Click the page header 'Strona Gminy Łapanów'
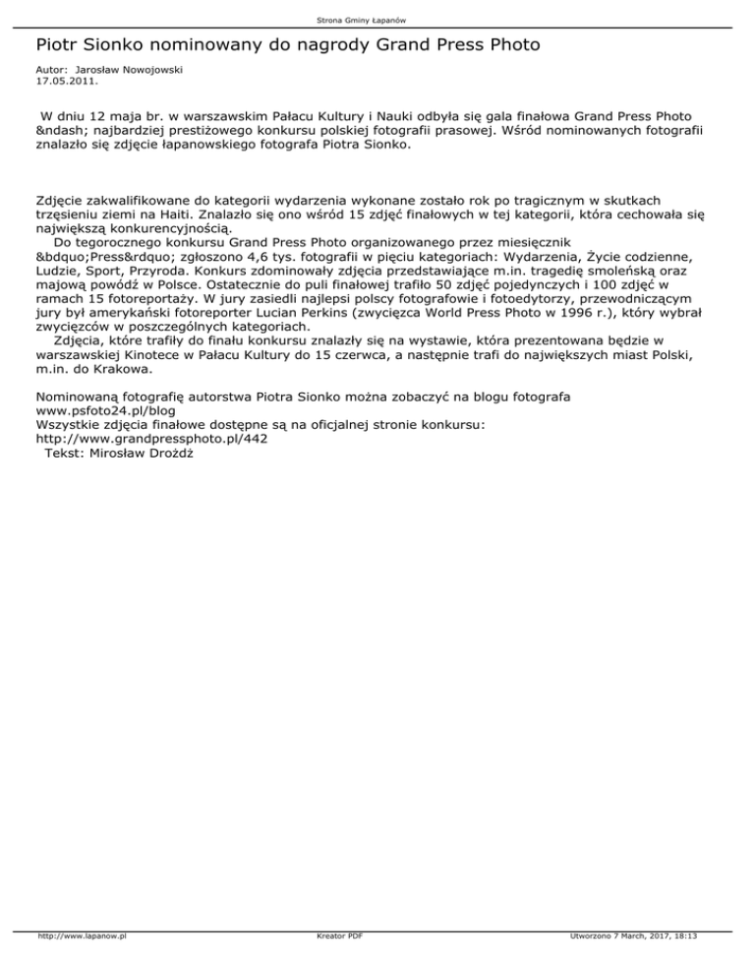(x=377, y=20)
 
